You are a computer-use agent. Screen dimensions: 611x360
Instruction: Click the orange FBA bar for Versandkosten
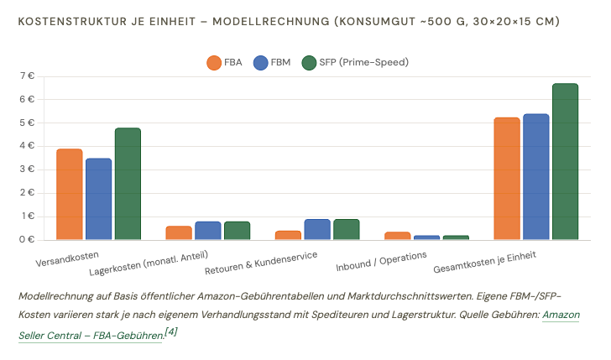coord(70,194)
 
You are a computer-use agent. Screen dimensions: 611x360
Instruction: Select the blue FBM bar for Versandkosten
coord(98,199)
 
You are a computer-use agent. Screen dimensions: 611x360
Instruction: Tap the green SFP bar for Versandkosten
coord(128,184)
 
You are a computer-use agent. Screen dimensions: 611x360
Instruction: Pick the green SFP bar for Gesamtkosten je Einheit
coord(566,161)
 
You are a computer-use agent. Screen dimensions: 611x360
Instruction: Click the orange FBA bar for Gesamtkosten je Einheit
coord(507,179)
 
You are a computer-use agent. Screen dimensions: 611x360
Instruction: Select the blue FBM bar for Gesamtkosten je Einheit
coord(536,176)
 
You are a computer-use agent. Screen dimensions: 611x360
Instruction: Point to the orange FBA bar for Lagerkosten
coord(179,232)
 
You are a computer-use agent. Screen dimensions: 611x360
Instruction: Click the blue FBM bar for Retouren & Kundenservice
coord(317,229)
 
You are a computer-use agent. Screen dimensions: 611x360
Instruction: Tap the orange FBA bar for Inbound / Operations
coord(398,236)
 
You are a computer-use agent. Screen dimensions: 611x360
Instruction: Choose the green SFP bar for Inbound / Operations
coord(456,237)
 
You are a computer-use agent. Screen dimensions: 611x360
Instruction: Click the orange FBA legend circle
coord(214,63)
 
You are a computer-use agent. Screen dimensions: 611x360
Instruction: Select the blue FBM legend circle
coord(261,63)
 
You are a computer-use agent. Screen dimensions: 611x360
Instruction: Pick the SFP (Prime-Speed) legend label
coord(364,62)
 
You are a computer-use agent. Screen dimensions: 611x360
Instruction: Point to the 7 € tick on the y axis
coord(27,76)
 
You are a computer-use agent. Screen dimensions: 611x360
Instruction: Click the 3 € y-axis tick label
coord(27,170)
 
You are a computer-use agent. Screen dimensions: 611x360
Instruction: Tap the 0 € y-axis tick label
coord(27,240)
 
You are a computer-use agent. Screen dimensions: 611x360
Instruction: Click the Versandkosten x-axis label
coord(67,259)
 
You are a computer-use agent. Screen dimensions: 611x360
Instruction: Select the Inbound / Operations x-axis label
coord(381,261)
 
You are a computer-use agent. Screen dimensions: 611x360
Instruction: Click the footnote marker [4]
coord(170,332)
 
